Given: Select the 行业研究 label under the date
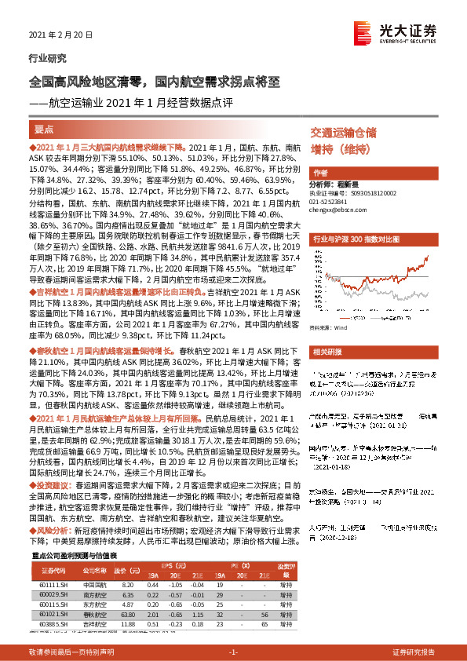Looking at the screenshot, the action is point(47,58).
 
